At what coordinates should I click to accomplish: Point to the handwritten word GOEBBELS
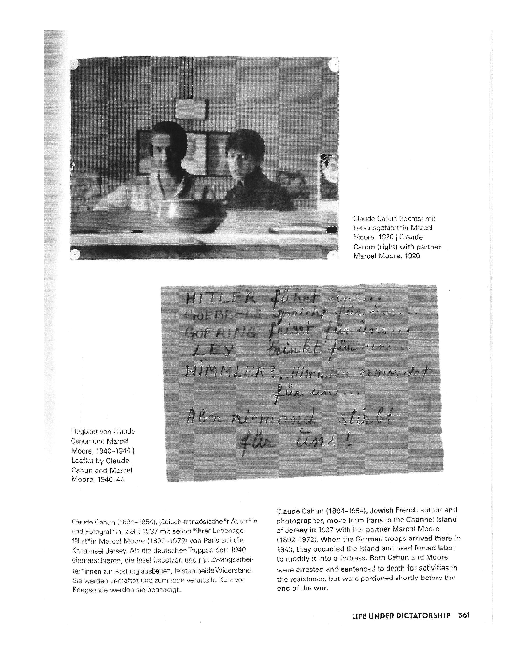coord(222,315)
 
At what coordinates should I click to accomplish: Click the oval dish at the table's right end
coord(287,229)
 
